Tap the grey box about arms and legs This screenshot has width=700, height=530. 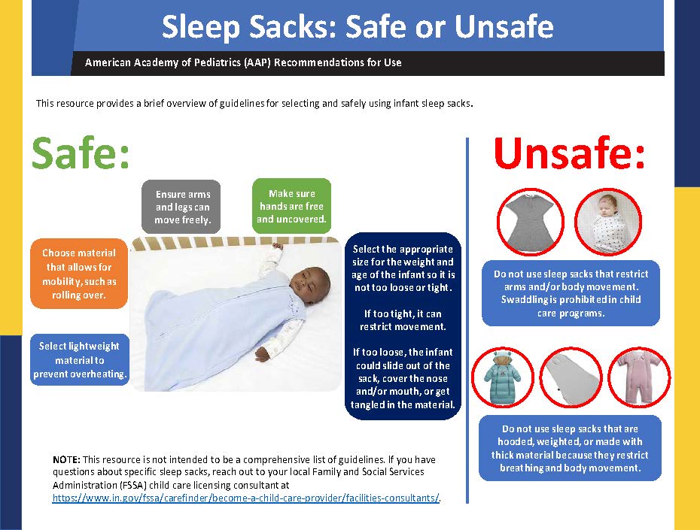(x=181, y=207)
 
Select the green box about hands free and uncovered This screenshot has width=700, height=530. (x=291, y=206)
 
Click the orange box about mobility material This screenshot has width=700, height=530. (x=79, y=274)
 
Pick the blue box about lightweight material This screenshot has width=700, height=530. (x=80, y=359)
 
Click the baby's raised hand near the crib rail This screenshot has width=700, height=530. (x=278, y=247)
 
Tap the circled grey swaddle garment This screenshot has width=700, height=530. (x=531, y=222)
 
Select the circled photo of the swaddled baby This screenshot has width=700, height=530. (x=608, y=222)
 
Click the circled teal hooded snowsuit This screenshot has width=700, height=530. (x=503, y=377)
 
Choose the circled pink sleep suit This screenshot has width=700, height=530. (x=639, y=377)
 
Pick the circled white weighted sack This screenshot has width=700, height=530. (x=571, y=377)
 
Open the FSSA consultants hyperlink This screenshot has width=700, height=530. (x=246, y=498)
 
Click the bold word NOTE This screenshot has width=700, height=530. (x=66, y=459)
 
